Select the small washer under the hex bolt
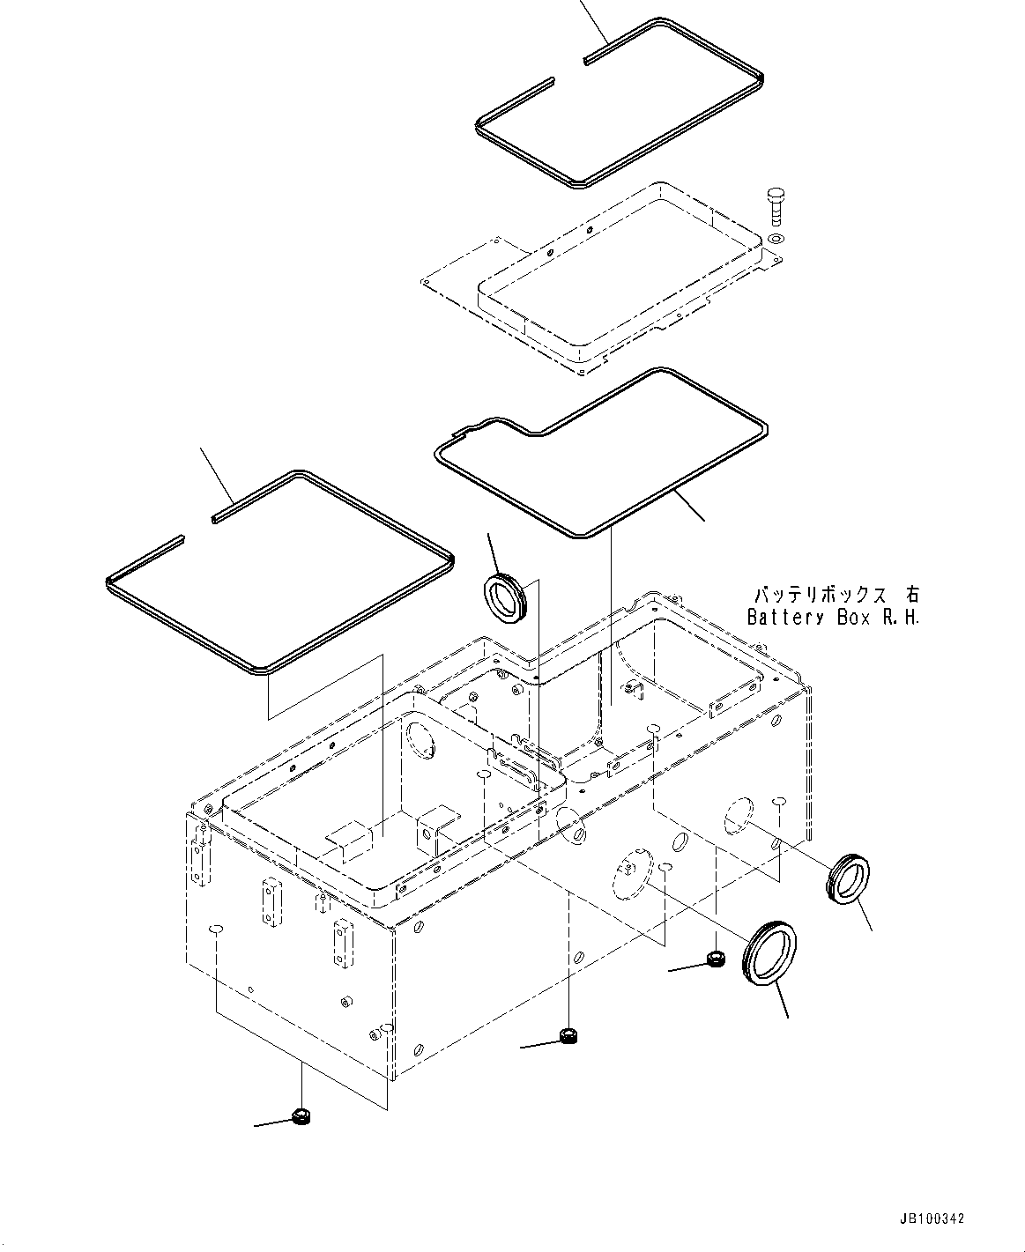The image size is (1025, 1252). (775, 239)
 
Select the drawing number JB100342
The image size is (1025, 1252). (932, 1219)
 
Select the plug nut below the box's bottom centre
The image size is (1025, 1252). (568, 1035)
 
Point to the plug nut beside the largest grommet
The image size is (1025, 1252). (717, 958)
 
